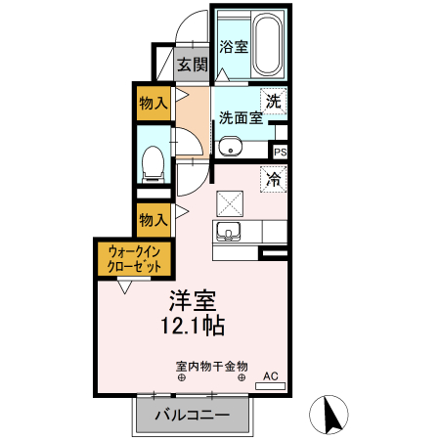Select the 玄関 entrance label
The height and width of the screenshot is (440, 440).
click(193, 66)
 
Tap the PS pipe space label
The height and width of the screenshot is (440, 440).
click(280, 152)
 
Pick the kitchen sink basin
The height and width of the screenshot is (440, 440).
click(231, 233)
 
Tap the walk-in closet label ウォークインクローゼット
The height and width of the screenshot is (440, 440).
click(134, 261)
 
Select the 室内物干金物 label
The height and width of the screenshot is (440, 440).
click(211, 366)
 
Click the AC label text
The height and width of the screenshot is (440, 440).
click(270, 374)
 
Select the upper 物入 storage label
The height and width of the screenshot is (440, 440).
click(152, 102)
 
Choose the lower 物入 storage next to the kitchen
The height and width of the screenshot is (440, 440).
click(152, 219)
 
